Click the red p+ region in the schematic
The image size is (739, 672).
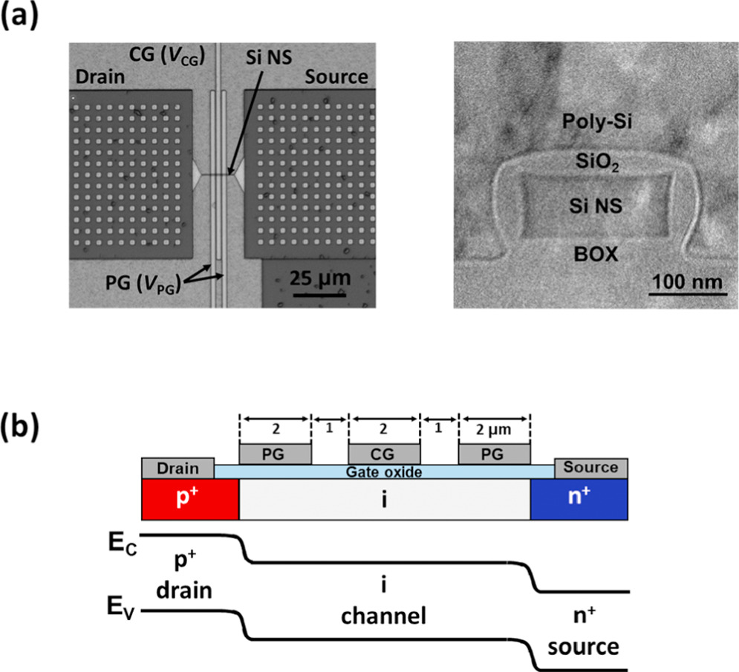[x=190, y=499]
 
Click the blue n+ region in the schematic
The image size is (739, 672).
[x=579, y=499]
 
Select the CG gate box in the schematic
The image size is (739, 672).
[x=384, y=453]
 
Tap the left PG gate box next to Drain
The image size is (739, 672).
[x=274, y=453]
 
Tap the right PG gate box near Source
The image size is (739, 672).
[x=495, y=453]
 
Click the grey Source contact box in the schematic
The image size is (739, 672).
[x=591, y=468]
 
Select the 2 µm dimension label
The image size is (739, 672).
[x=495, y=428]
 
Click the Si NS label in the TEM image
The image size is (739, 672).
[x=592, y=209]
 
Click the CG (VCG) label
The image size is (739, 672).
[x=165, y=56]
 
